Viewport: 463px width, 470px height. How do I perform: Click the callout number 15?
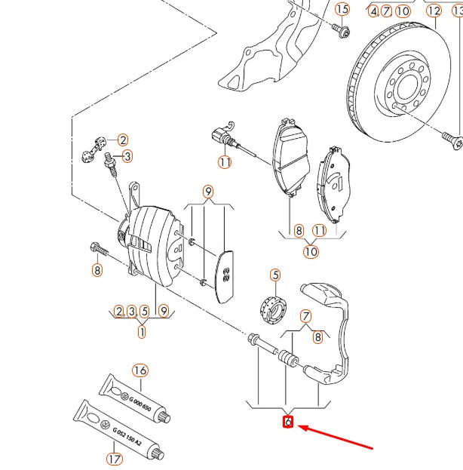343,9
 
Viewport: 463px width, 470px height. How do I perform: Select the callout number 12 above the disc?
434,10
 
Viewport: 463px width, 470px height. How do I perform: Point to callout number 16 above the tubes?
140,370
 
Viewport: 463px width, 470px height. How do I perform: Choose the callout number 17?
113,457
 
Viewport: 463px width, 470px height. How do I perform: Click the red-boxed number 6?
287,422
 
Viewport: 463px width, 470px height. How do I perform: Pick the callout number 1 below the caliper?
142,330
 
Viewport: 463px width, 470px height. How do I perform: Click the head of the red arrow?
302,428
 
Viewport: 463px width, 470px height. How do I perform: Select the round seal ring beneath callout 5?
273,307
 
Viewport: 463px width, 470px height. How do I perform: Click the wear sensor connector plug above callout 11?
221,137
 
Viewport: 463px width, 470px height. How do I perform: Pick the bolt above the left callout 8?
97,248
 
